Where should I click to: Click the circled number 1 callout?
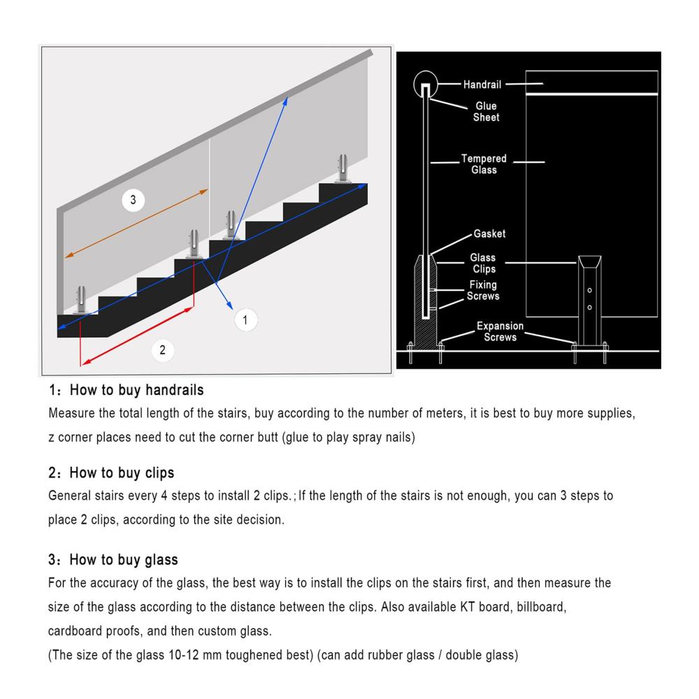point(245,320)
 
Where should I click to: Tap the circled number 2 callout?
point(162,349)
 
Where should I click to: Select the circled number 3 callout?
point(133,201)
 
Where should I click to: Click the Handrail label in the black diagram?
point(482,85)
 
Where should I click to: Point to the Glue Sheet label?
point(486,112)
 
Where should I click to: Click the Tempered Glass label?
point(484,164)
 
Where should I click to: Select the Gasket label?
point(489,233)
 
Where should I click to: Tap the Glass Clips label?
point(483,264)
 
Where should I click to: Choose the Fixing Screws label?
point(483,290)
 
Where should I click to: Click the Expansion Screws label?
point(500,331)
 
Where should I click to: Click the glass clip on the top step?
point(343,168)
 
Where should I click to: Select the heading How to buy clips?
point(112,474)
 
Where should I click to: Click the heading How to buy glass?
point(113,560)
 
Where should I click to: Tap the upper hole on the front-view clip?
point(589,289)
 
